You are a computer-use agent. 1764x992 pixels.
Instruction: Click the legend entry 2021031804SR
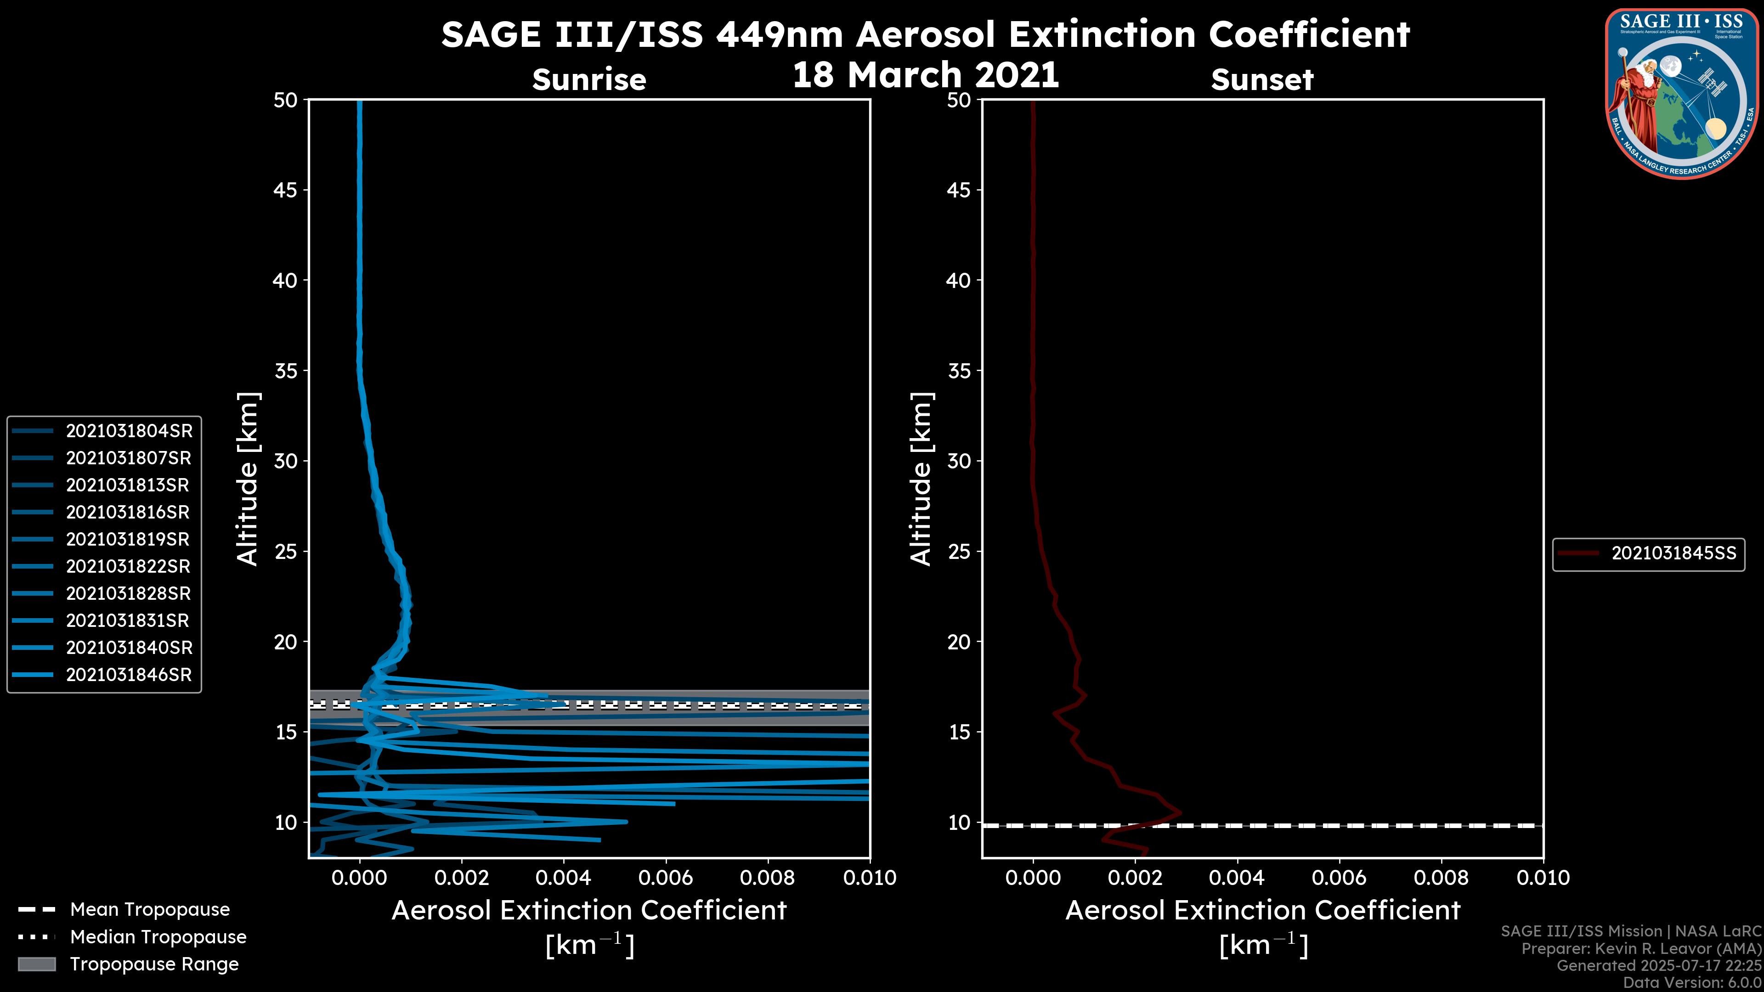tap(129, 431)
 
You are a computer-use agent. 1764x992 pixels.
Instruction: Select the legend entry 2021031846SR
tap(129, 675)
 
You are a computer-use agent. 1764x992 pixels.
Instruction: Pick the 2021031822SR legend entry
tap(129, 567)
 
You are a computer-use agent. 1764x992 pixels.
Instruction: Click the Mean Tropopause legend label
tap(150, 910)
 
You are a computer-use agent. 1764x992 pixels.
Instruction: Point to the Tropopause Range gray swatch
tap(36, 964)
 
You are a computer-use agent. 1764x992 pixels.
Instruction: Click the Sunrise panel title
tap(589, 80)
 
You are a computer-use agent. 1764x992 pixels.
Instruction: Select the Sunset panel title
tap(1261, 80)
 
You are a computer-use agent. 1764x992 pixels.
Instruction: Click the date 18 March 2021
tap(925, 74)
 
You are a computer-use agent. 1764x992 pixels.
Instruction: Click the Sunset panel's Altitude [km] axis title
tap(922, 479)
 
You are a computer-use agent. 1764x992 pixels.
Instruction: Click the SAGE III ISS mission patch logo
tap(1684, 94)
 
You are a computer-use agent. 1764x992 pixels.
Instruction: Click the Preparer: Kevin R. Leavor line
tap(1641, 949)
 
